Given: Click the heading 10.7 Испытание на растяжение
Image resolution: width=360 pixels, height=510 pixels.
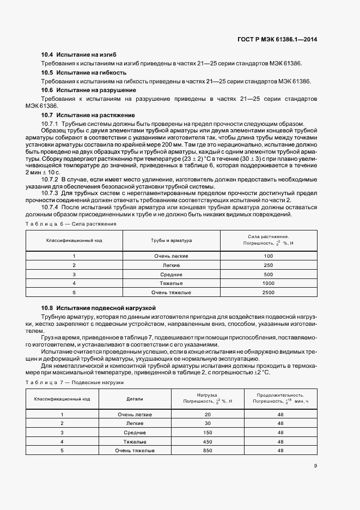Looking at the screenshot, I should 88,115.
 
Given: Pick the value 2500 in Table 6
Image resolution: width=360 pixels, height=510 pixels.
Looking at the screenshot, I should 268,293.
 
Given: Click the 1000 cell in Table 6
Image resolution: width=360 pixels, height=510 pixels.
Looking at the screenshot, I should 268,283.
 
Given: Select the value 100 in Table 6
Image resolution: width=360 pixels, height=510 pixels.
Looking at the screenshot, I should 268,256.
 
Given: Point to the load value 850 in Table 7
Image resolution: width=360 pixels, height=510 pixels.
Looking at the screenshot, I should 206,451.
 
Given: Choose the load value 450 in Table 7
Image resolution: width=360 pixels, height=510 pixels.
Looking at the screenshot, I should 206,441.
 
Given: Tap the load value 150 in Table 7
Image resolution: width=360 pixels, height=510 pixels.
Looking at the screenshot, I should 206,432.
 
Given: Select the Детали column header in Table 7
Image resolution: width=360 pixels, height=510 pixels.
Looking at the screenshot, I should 135,399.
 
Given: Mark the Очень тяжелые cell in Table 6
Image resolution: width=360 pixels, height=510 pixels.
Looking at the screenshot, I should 171,293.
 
